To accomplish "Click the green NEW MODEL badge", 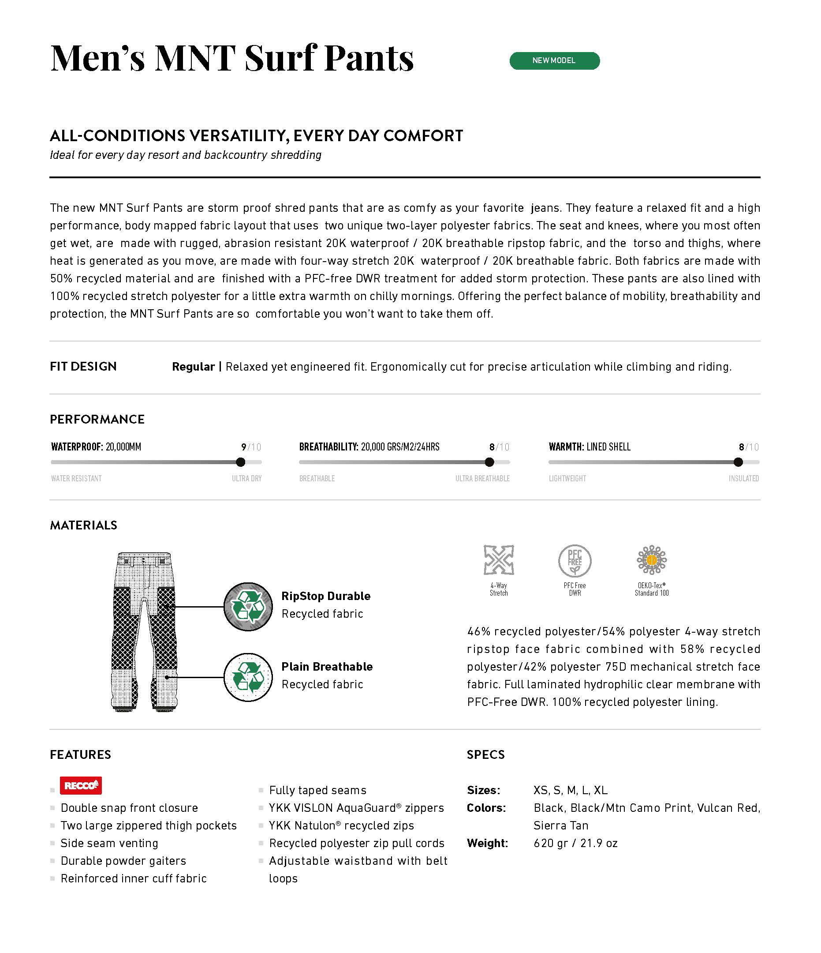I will click(554, 61).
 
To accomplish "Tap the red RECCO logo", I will click(80, 786).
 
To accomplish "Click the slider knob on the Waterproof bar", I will click(240, 462).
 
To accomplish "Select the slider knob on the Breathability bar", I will click(489, 462).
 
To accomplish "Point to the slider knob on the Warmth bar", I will click(738, 462).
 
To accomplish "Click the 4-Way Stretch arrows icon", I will click(498, 560).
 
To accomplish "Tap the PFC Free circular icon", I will click(575, 561).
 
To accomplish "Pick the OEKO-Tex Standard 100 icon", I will click(651, 560).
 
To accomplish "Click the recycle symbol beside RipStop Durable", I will click(248, 607).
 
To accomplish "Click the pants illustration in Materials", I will click(144, 632).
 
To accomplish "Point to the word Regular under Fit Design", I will click(193, 367).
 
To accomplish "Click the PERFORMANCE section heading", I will click(97, 419).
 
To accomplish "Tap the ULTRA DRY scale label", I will click(246, 478).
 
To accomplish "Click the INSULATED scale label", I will click(743, 478).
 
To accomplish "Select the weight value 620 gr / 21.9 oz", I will click(575, 843).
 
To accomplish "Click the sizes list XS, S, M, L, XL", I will click(571, 790).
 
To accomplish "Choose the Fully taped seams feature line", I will click(317, 790).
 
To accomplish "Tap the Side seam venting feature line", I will click(109, 843).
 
